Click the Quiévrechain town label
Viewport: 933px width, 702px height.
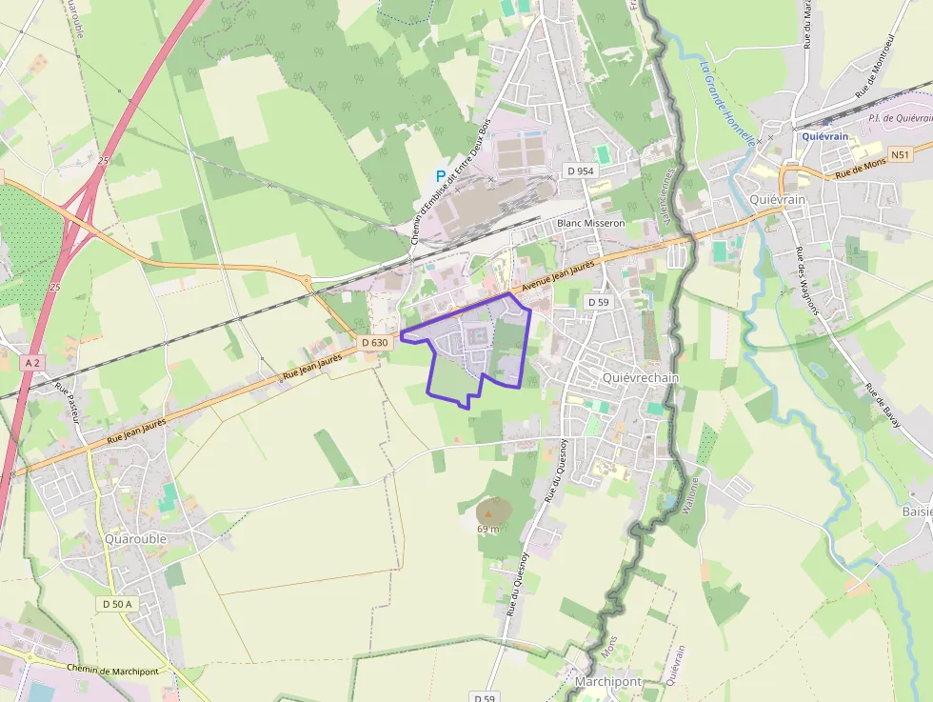641,377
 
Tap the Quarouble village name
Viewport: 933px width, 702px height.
136,538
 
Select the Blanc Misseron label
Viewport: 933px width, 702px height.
590,223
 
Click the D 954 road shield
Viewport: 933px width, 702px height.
580,170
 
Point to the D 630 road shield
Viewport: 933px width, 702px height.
375,343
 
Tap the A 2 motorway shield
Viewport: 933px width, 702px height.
33,363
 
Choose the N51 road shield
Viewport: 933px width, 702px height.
901,154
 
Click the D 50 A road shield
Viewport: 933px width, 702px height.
117,604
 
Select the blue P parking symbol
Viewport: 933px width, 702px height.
440,175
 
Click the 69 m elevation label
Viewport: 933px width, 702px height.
488,529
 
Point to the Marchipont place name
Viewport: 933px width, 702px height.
608,683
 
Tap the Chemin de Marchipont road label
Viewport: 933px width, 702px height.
111,669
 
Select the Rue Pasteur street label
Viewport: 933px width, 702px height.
69,403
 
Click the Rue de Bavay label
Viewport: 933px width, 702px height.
884,405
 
